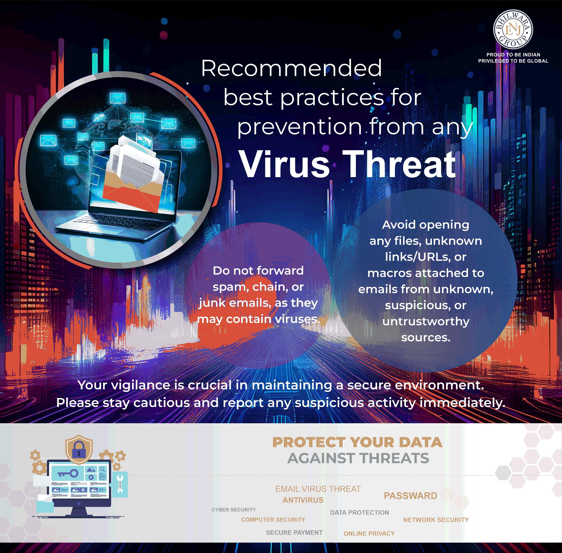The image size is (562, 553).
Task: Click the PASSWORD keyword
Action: point(410,496)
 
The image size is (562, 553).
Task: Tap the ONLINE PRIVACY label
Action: point(369,533)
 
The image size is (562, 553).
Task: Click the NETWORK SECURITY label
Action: point(436,520)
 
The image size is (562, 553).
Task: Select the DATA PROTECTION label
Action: point(360,512)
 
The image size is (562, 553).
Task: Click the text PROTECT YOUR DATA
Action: point(357,442)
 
